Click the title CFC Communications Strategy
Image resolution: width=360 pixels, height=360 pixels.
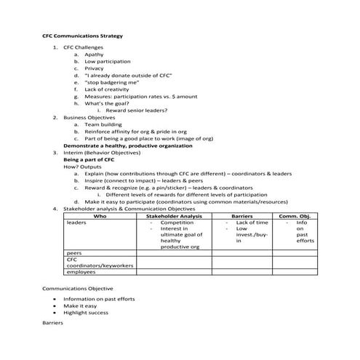81,35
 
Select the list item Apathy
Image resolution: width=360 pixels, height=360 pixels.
94,55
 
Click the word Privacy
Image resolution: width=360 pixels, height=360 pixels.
95,68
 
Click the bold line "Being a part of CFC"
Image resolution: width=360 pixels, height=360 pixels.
89,159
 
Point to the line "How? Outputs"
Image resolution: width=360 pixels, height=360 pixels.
81,167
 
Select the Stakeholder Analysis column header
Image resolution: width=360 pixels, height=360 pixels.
175,216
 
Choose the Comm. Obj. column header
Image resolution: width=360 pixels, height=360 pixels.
295,216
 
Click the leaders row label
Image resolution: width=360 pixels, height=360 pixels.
76,223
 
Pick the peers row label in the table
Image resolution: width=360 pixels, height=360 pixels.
73,252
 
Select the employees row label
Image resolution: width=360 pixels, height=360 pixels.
81,272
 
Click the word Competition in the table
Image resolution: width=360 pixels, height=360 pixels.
175,223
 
